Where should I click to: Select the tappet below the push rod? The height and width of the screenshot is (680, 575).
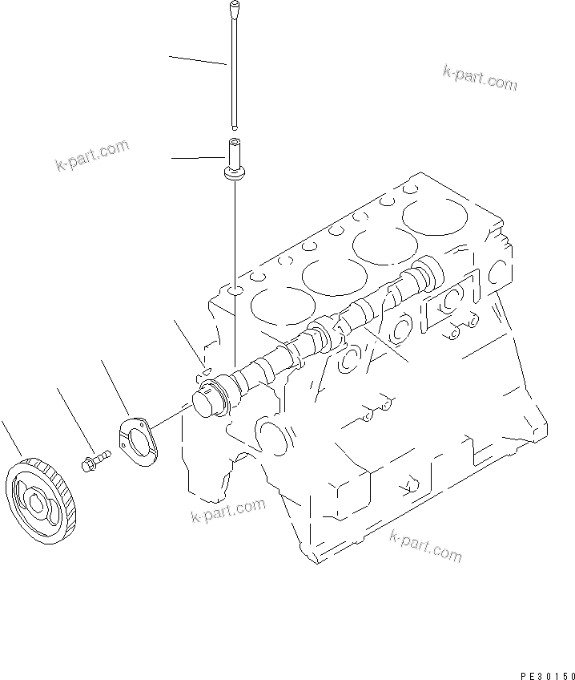point(235,152)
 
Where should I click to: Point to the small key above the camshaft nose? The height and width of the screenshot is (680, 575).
point(204,370)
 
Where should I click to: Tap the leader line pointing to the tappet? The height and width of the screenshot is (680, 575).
point(198,158)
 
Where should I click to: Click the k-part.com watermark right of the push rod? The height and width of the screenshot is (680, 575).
point(480,76)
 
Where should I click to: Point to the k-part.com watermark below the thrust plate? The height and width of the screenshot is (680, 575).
point(227,510)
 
